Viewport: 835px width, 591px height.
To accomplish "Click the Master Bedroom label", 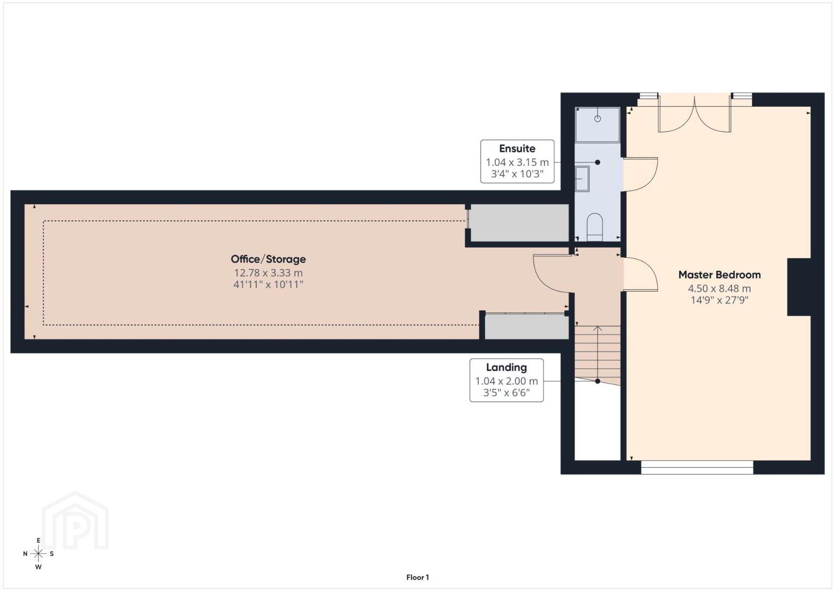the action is [719, 275].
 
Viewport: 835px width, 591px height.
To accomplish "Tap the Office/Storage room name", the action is [268, 259].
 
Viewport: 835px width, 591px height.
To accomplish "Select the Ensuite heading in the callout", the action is [517, 148].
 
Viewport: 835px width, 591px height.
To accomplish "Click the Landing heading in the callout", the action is [506, 367].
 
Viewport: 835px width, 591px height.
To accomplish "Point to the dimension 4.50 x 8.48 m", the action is [719, 288].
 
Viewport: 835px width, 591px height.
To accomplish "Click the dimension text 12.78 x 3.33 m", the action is [268, 273].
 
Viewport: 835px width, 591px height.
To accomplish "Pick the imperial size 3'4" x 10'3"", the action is [517, 174].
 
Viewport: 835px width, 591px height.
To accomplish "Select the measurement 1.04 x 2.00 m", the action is [506, 381].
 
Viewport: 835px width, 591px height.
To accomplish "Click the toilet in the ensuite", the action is [595, 227].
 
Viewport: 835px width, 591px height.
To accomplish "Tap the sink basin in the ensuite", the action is [582, 178].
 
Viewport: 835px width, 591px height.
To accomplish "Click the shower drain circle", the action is [598, 119].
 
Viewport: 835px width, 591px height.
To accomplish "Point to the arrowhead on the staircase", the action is [598, 328].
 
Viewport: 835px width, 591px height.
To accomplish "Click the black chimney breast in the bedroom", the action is [799, 287].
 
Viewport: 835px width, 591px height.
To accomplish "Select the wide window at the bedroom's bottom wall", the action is [697, 467].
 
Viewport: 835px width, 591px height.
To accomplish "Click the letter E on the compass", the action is [38, 540].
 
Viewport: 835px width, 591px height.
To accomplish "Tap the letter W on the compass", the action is [38, 567].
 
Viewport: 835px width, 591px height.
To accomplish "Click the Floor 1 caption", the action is [417, 577].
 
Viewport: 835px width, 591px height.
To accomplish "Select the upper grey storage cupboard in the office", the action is [519, 223].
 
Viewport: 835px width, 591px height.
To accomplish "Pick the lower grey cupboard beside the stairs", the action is [527, 327].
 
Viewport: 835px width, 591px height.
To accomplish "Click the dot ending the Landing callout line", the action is [598, 381].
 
